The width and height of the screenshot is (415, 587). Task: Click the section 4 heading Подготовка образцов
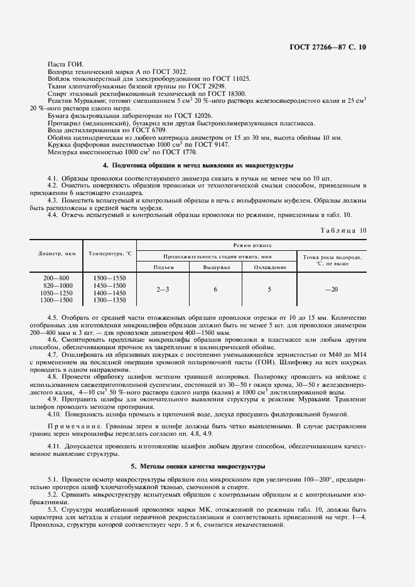tap(198, 166)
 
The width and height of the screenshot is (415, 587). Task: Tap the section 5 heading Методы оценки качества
tap(198, 467)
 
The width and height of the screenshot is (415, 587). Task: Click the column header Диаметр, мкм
tap(57, 254)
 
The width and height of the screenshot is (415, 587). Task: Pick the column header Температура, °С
tap(110, 254)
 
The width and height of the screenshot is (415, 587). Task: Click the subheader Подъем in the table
tap(163, 267)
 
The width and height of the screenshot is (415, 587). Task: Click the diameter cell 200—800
tap(57, 278)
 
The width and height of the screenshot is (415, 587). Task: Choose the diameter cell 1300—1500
tap(57, 300)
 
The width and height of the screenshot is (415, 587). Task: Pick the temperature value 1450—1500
tap(109, 285)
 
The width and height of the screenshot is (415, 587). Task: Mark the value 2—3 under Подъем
tap(163, 289)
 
